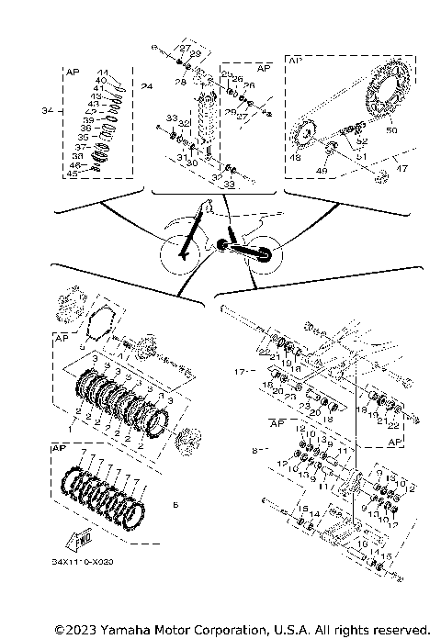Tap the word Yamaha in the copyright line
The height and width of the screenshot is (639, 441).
click(x=116, y=630)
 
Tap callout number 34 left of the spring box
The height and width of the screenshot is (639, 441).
click(x=50, y=110)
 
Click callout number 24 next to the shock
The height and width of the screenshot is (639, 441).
click(x=147, y=87)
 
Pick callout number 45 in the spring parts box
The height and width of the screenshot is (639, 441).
click(x=73, y=174)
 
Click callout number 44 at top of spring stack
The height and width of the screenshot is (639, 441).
click(x=103, y=73)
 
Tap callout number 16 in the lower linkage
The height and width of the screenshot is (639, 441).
click(x=361, y=544)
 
